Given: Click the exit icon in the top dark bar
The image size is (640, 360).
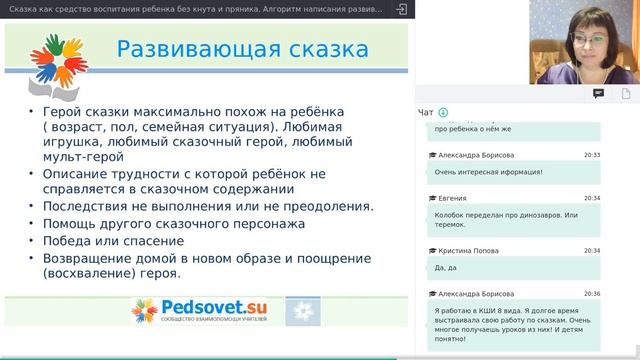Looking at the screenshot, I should pyautogui.click(x=401, y=9).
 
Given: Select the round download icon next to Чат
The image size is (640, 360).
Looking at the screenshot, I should pyautogui.click(x=443, y=112).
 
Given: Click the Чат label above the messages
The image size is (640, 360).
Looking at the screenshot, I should pyautogui.click(x=426, y=112).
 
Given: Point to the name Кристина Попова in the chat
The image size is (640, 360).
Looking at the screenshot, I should pyautogui.click(x=467, y=250).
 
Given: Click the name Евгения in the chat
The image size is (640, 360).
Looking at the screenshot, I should pyautogui.click(x=452, y=198).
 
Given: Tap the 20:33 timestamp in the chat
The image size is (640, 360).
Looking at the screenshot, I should pyautogui.click(x=592, y=155).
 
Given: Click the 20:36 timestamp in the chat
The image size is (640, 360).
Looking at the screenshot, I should pyautogui.click(x=592, y=293).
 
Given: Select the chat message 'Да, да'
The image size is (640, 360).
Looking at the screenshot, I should pyautogui.click(x=446, y=268).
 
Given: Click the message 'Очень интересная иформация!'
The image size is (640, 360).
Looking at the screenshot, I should pyautogui.click(x=488, y=172).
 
